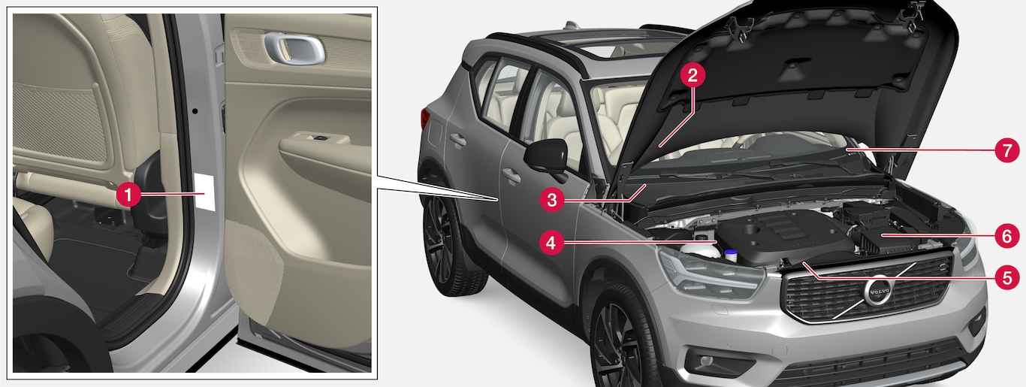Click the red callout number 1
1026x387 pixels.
[128, 195]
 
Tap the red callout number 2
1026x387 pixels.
[692, 75]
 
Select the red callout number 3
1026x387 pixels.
[551, 200]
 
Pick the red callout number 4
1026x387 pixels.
[551, 242]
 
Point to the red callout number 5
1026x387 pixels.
[1007, 277]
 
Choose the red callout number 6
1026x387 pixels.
[1006, 236]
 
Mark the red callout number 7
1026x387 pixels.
[1006, 150]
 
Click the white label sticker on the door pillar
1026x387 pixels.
[204, 192]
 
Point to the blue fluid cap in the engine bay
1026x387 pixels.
[731, 254]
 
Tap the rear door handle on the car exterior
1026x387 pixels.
[457, 139]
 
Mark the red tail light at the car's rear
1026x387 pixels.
[425, 120]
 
